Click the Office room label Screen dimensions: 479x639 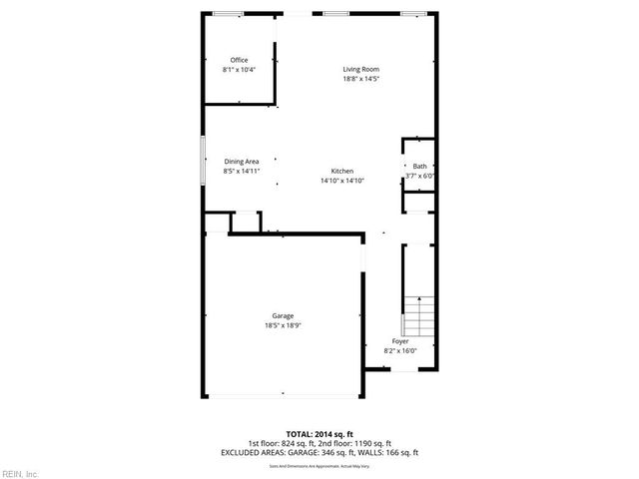tap(239, 60)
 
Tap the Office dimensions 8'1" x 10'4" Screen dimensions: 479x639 tap(239, 69)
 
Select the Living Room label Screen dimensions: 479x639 tap(361, 69)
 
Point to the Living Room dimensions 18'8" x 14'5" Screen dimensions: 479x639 tap(361, 78)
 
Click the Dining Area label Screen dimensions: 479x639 tap(242, 162)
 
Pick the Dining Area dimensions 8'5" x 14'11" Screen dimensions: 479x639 tap(242, 171)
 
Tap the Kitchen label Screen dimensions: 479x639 tap(342, 172)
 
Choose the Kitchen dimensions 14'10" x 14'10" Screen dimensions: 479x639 tap(342, 181)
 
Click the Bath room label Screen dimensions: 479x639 tap(419, 167)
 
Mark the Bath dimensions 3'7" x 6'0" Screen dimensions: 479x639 tap(420, 176)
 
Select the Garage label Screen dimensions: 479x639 tap(283, 316)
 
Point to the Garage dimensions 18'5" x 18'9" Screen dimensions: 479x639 tap(283, 325)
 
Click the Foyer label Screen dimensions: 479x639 tap(399, 341)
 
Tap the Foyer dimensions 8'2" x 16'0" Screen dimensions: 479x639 tap(399, 350)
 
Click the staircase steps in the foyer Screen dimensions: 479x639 tap(419, 317)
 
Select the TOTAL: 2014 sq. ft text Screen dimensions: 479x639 tap(319, 435)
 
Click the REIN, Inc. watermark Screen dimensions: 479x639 tap(19, 472)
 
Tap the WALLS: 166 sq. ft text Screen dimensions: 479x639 tap(394, 452)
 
